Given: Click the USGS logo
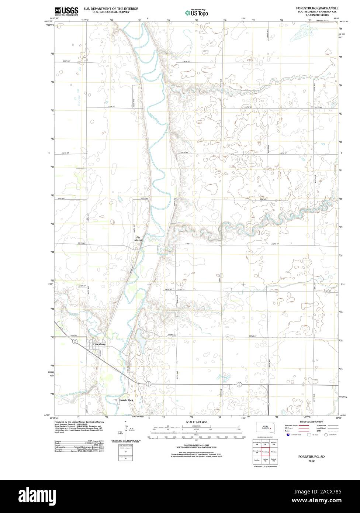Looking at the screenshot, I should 66,11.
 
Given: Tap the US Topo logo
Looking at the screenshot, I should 197,13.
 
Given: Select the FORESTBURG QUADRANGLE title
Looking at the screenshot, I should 317,8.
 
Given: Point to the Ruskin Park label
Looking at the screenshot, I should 126,400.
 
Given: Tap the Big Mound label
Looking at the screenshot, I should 138,238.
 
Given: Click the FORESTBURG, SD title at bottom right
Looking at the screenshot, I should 307,457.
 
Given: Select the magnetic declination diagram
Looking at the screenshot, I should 127,430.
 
